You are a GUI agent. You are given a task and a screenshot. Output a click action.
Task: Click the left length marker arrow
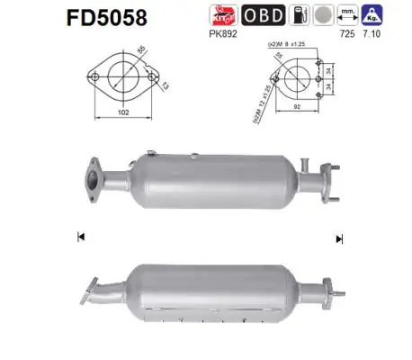(81, 237)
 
